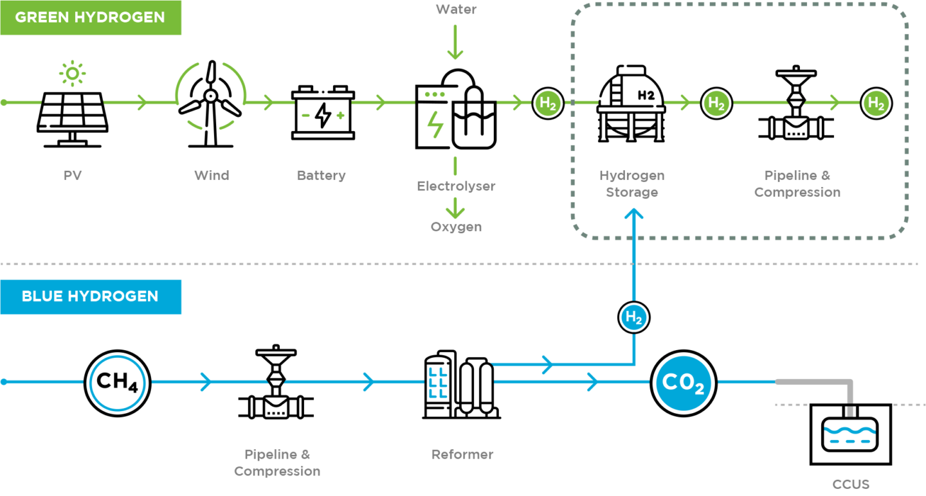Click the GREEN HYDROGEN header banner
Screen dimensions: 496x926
pos(90,17)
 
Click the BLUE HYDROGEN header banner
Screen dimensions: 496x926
pos(90,296)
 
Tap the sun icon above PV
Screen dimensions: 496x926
pos(72,74)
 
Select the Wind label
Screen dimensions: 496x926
pos(211,175)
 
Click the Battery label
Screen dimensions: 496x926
pos(321,175)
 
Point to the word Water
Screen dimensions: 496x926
pos(456,9)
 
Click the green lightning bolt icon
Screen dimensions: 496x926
pos(435,125)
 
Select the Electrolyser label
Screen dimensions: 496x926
pos(456,186)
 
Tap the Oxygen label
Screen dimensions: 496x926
pos(456,227)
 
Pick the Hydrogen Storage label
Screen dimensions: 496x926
pos(631,184)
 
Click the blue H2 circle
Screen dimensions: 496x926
pos(634,317)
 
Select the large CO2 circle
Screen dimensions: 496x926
pos(684,383)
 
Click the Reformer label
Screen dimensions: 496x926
pos(462,454)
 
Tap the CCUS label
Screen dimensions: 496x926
pos(851,484)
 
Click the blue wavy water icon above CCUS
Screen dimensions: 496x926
pos(849,431)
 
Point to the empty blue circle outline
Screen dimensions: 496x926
pos(118,383)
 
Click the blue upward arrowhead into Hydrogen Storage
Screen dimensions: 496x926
pos(634,216)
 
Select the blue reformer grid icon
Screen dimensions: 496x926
pos(438,383)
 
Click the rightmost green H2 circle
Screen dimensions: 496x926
pos(876,103)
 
